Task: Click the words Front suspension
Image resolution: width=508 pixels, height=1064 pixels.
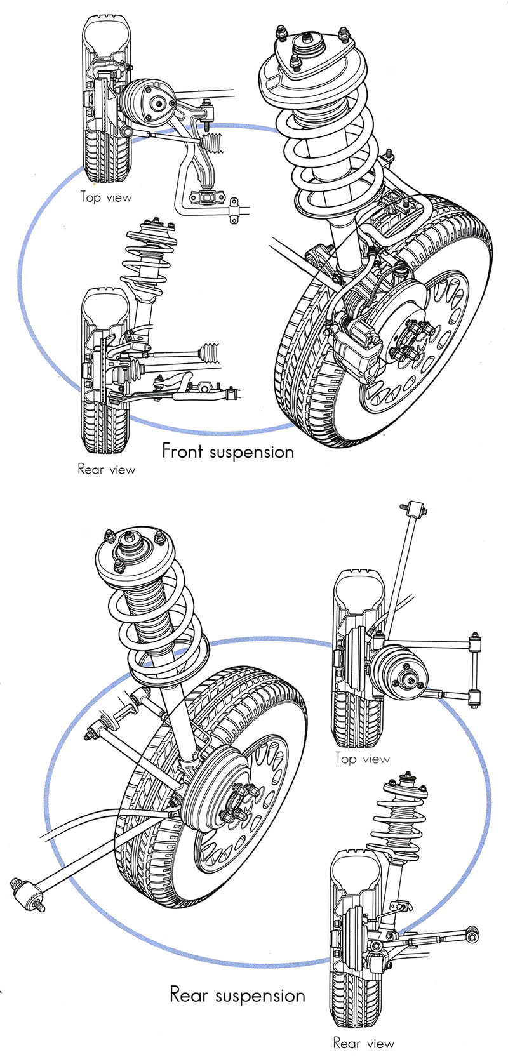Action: [228, 451]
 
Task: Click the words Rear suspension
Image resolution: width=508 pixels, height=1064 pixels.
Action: [237, 994]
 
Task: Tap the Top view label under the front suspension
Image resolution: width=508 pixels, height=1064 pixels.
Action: [106, 197]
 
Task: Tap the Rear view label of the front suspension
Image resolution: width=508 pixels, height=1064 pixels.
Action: [106, 469]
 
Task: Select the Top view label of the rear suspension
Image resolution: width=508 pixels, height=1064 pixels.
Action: [363, 758]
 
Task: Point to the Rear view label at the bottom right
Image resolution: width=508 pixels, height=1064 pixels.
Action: [363, 1042]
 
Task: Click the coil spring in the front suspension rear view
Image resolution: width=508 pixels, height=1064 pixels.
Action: [147, 254]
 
